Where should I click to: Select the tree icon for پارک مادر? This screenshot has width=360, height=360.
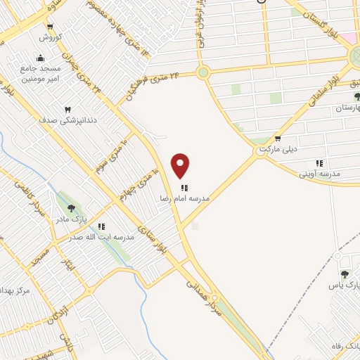[x=71, y=208]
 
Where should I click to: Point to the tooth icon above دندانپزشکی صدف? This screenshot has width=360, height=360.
[x=67, y=110]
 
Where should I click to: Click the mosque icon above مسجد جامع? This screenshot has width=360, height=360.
[x=40, y=58]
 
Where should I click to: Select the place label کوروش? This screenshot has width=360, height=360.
[x=51, y=37]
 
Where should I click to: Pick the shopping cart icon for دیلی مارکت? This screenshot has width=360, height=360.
[x=278, y=139]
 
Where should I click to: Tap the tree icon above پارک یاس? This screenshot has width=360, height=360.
[x=345, y=274]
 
